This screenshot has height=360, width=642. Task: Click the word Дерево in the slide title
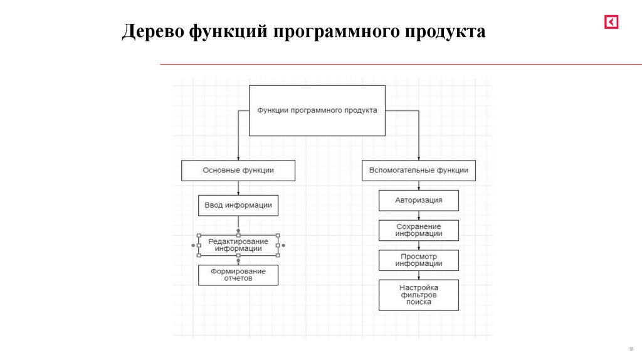click(x=151, y=31)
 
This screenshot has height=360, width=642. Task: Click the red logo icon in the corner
click(x=611, y=22)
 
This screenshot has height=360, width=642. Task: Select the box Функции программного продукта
click(x=317, y=110)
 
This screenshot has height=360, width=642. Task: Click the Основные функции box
click(x=238, y=170)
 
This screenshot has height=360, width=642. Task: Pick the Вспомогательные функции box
click(x=418, y=170)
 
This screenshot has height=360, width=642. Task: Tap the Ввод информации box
click(x=238, y=205)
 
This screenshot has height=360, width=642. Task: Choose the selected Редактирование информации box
click(x=238, y=245)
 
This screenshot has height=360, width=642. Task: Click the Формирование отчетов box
click(x=238, y=275)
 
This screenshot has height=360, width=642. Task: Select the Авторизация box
click(x=418, y=200)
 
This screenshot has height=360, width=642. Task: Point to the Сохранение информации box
click(x=418, y=230)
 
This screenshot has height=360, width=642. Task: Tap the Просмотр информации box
click(x=418, y=260)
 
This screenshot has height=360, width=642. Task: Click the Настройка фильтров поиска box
click(x=418, y=295)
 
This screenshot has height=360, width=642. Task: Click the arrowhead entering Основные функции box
click(x=238, y=158)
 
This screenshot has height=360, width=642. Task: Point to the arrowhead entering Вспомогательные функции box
click(x=418, y=158)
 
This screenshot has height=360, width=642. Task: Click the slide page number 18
click(x=631, y=349)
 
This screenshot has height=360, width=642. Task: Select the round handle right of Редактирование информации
click(x=284, y=245)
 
